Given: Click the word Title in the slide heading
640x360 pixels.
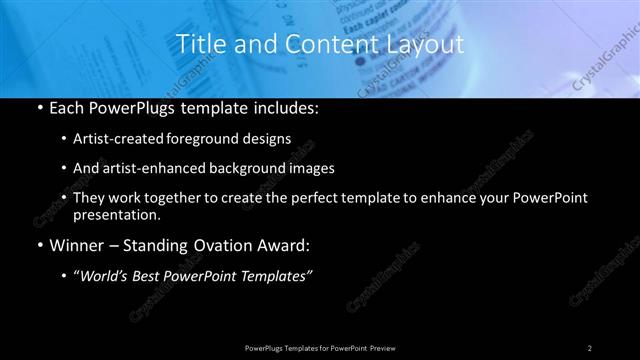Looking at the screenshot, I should tap(199, 44).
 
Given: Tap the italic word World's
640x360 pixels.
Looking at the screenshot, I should tap(105, 275).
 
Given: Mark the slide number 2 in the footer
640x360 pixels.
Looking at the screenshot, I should tap(589, 347).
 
